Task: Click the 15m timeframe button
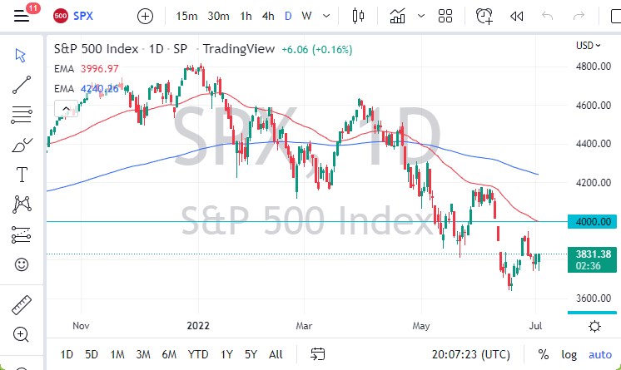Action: pos(186,16)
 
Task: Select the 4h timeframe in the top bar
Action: pos(267,16)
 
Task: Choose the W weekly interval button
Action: pos(307,16)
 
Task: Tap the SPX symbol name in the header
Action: pos(83,16)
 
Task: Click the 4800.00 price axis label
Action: pos(594,67)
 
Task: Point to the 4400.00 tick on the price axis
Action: pos(594,144)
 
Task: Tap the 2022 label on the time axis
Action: pos(199,327)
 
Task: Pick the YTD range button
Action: pos(197,354)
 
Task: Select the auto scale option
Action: pos(599,354)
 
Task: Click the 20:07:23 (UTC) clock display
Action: pos(472,354)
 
